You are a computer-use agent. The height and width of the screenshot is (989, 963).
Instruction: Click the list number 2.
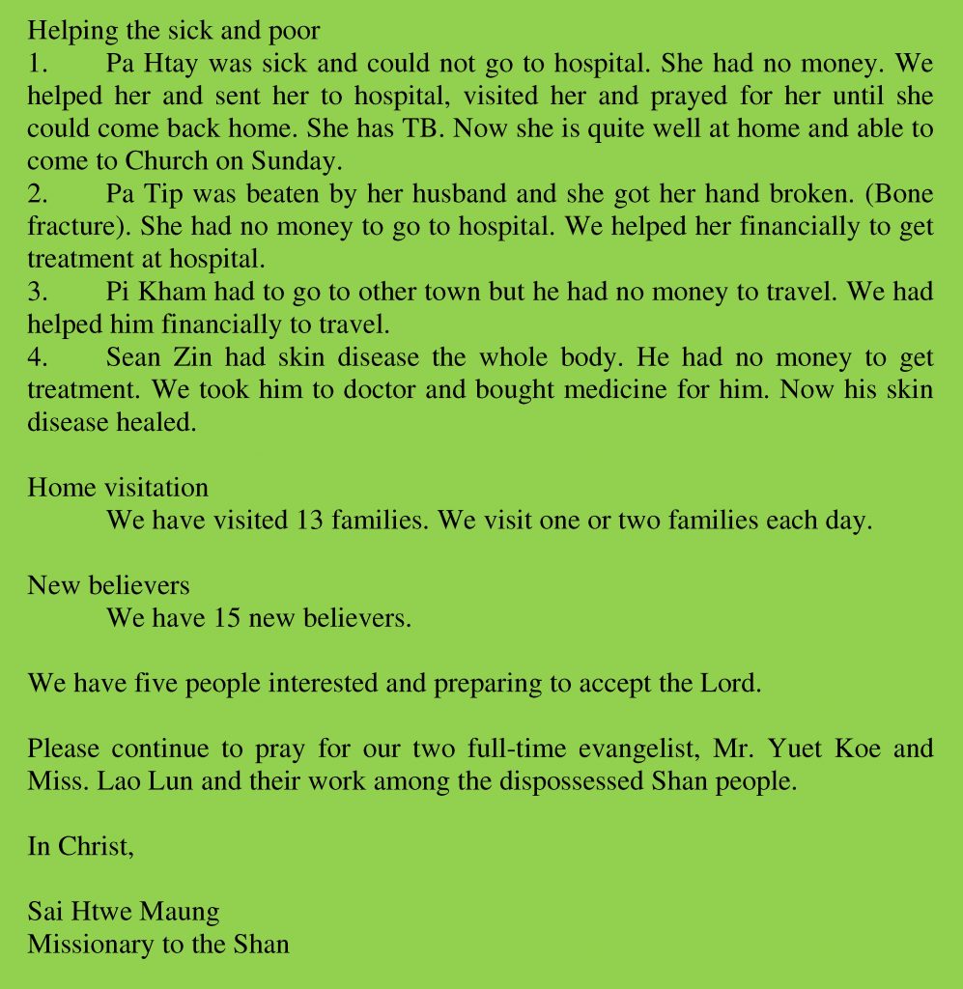tap(38, 194)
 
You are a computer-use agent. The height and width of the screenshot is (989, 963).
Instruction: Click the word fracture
tap(69, 227)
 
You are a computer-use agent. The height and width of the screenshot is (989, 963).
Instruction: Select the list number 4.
tap(38, 357)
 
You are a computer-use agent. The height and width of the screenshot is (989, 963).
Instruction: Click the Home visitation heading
tap(118, 488)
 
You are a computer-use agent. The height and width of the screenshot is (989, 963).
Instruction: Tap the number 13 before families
tap(302, 521)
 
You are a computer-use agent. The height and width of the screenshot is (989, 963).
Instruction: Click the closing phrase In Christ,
tap(80, 847)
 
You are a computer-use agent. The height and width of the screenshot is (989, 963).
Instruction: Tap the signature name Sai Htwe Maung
tap(123, 912)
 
